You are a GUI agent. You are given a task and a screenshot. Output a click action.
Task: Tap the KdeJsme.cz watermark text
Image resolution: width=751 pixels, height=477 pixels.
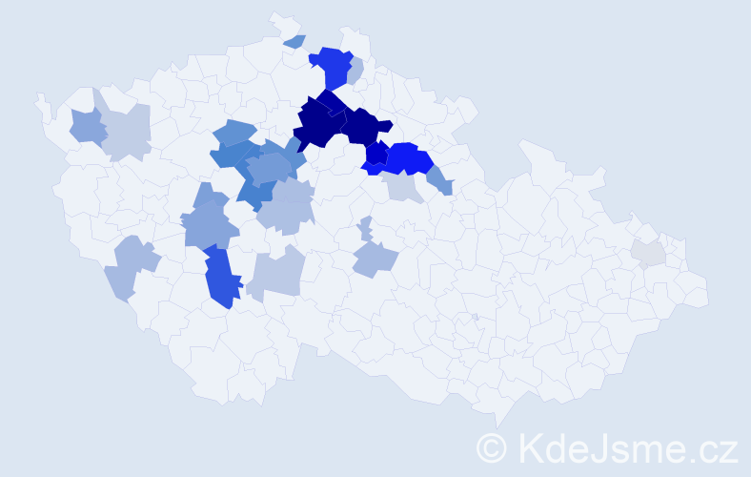click(627, 446)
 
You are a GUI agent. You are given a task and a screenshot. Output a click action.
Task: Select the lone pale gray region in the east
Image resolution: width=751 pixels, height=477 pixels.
click(647, 253)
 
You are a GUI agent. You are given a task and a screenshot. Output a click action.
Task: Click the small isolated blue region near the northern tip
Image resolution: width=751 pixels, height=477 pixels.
click(294, 41)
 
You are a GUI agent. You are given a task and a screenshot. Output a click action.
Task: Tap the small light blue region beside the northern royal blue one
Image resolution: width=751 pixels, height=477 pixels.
click(356, 71)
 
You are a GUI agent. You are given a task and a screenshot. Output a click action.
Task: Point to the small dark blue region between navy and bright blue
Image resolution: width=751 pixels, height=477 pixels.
click(375, 152)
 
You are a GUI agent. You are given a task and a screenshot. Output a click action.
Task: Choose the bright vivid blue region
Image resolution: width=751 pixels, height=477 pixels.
click(408, 157)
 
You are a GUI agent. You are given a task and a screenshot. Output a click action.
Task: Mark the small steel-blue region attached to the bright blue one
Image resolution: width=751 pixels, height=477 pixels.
click(440, 178)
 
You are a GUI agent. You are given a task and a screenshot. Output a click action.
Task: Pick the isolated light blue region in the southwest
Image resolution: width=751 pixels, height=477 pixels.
click(130, 266)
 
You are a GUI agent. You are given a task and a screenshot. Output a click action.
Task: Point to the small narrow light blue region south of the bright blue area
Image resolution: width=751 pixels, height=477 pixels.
click(366, 229)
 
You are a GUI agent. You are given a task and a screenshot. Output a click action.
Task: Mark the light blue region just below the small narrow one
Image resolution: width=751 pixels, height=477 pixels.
click(374, 258)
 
